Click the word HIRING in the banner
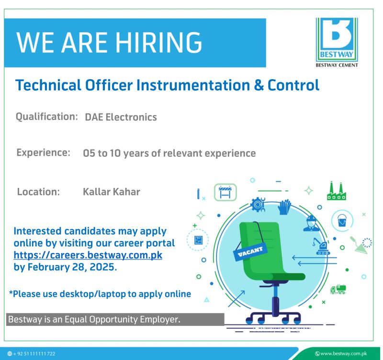158,42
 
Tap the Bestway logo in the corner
337,42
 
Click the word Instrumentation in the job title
193,85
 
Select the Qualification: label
46,116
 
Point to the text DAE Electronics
121,117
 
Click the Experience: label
43,152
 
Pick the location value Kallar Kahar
112,192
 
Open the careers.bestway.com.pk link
88,255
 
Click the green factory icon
337,191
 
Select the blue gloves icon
284,207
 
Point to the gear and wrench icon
258,205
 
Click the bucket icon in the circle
342,221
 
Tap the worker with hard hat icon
311,223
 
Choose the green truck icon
338,289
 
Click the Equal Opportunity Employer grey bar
115,319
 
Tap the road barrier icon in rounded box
225,192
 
